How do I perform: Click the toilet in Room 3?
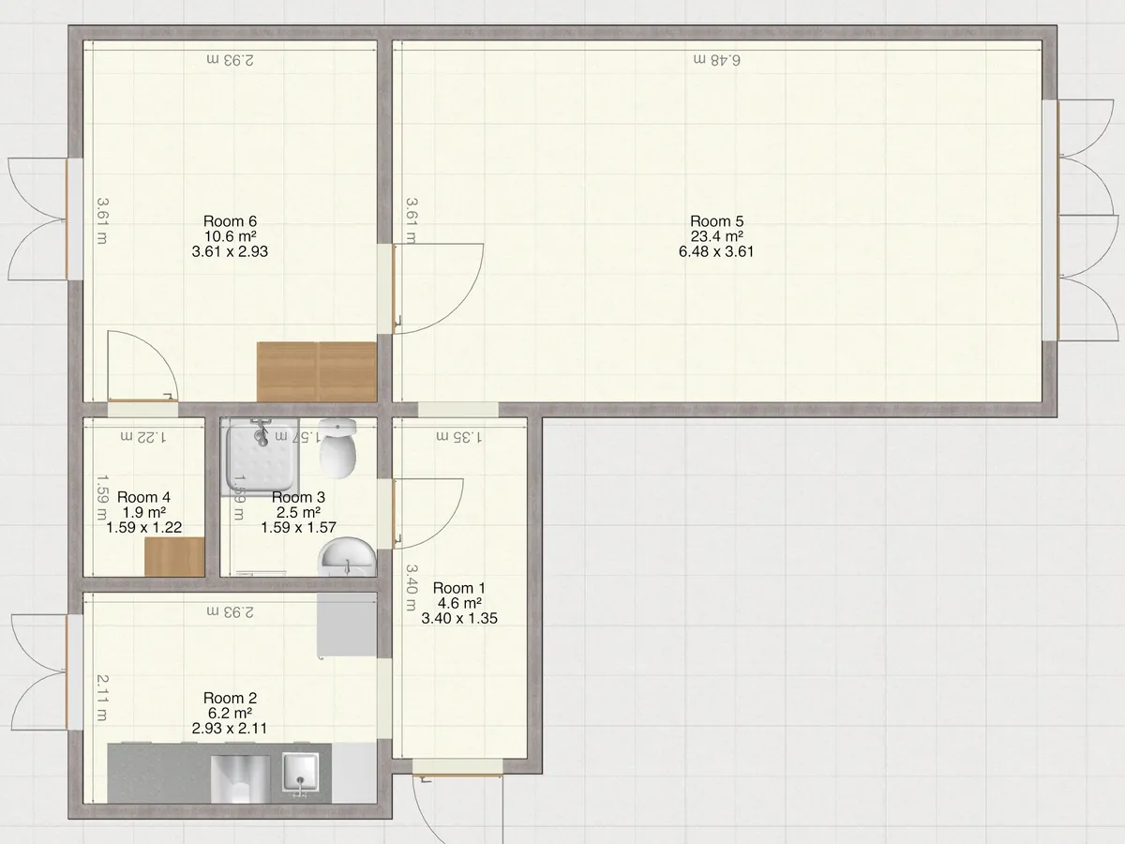[x=337, y=447]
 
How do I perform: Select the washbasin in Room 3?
[x=347, y=557]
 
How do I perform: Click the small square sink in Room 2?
[x=300, y=771]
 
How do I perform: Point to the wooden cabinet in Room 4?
[x=174, y=557]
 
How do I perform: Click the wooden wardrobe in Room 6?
[x=317, y=372]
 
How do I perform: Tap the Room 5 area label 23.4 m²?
[x=716, y=236]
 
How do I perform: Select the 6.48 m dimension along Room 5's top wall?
[x=716, y=60]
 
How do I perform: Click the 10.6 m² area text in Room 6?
[x=230, y=236]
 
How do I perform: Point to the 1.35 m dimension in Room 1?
[x=458, y=437]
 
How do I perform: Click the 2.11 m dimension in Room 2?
[x=102, y=698]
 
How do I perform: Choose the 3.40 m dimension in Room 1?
[x=411, y=588]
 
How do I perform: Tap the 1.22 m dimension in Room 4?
[x=143, y=437]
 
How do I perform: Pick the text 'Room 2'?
[x=230, y=698]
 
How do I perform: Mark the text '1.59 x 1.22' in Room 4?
[x=144, y=527]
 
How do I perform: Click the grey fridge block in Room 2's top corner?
[x=347, y=625]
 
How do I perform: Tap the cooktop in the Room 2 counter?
[x=240, y=779]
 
